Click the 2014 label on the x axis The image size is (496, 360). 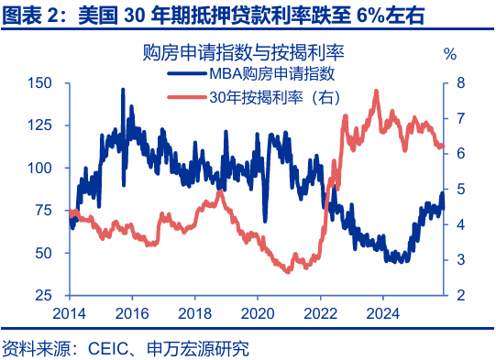[x=70, y=311]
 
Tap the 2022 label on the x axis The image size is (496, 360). [x=319, y=311]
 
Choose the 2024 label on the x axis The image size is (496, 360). [x=381, y=311]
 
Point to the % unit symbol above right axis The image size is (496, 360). [x=449, y=53]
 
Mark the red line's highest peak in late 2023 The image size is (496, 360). [x=376, y=91]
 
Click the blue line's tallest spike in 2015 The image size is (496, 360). [x=123, y=90]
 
